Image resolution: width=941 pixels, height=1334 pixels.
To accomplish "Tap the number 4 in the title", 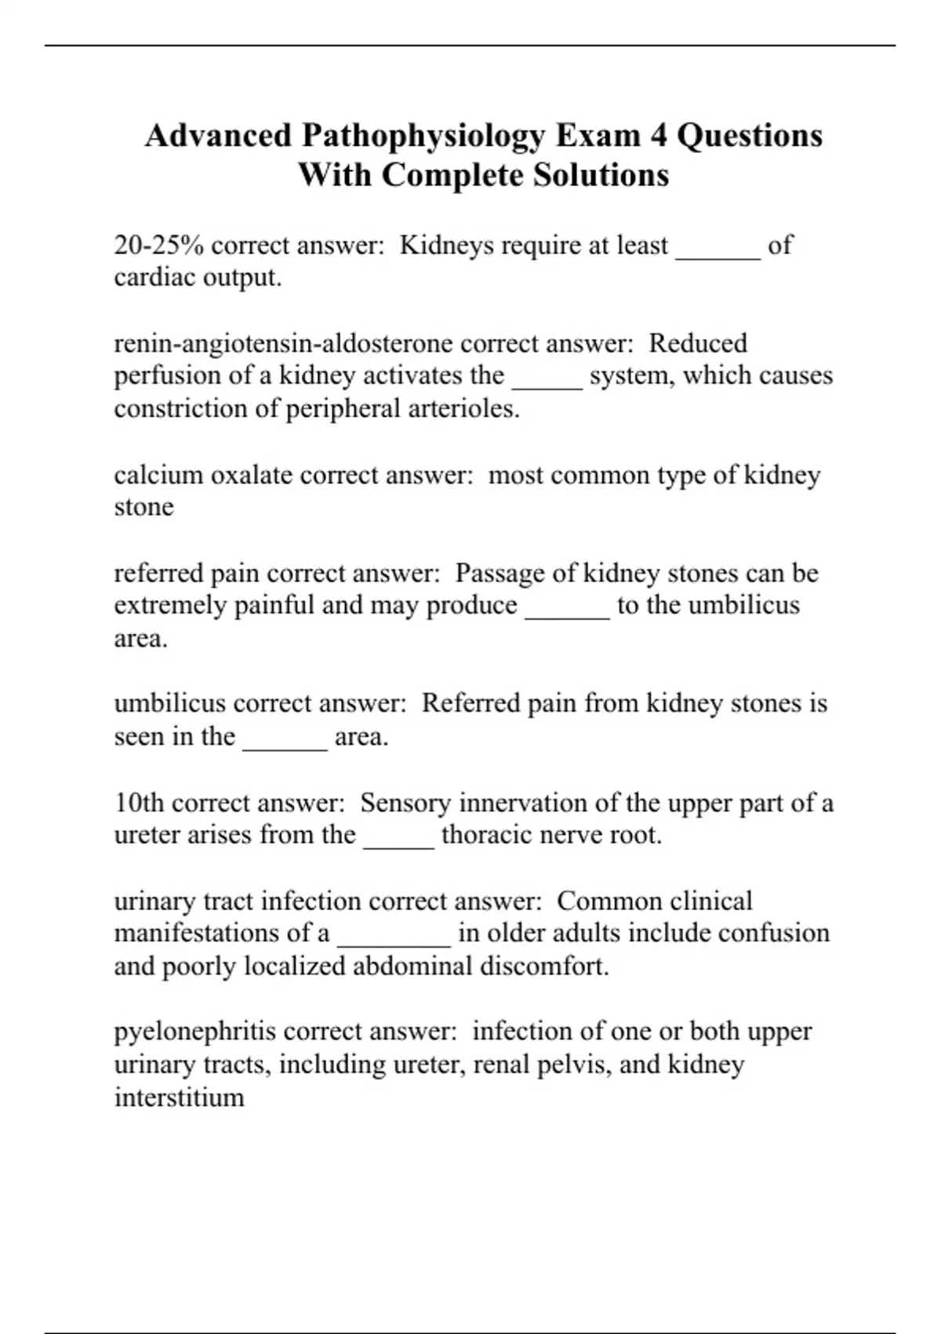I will point(658,135).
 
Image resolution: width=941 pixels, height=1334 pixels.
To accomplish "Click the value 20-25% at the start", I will point(158,246).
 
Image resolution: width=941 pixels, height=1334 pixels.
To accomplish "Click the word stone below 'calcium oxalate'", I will point(144,507).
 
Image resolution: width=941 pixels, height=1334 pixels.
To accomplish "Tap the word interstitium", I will point(179,1097).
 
